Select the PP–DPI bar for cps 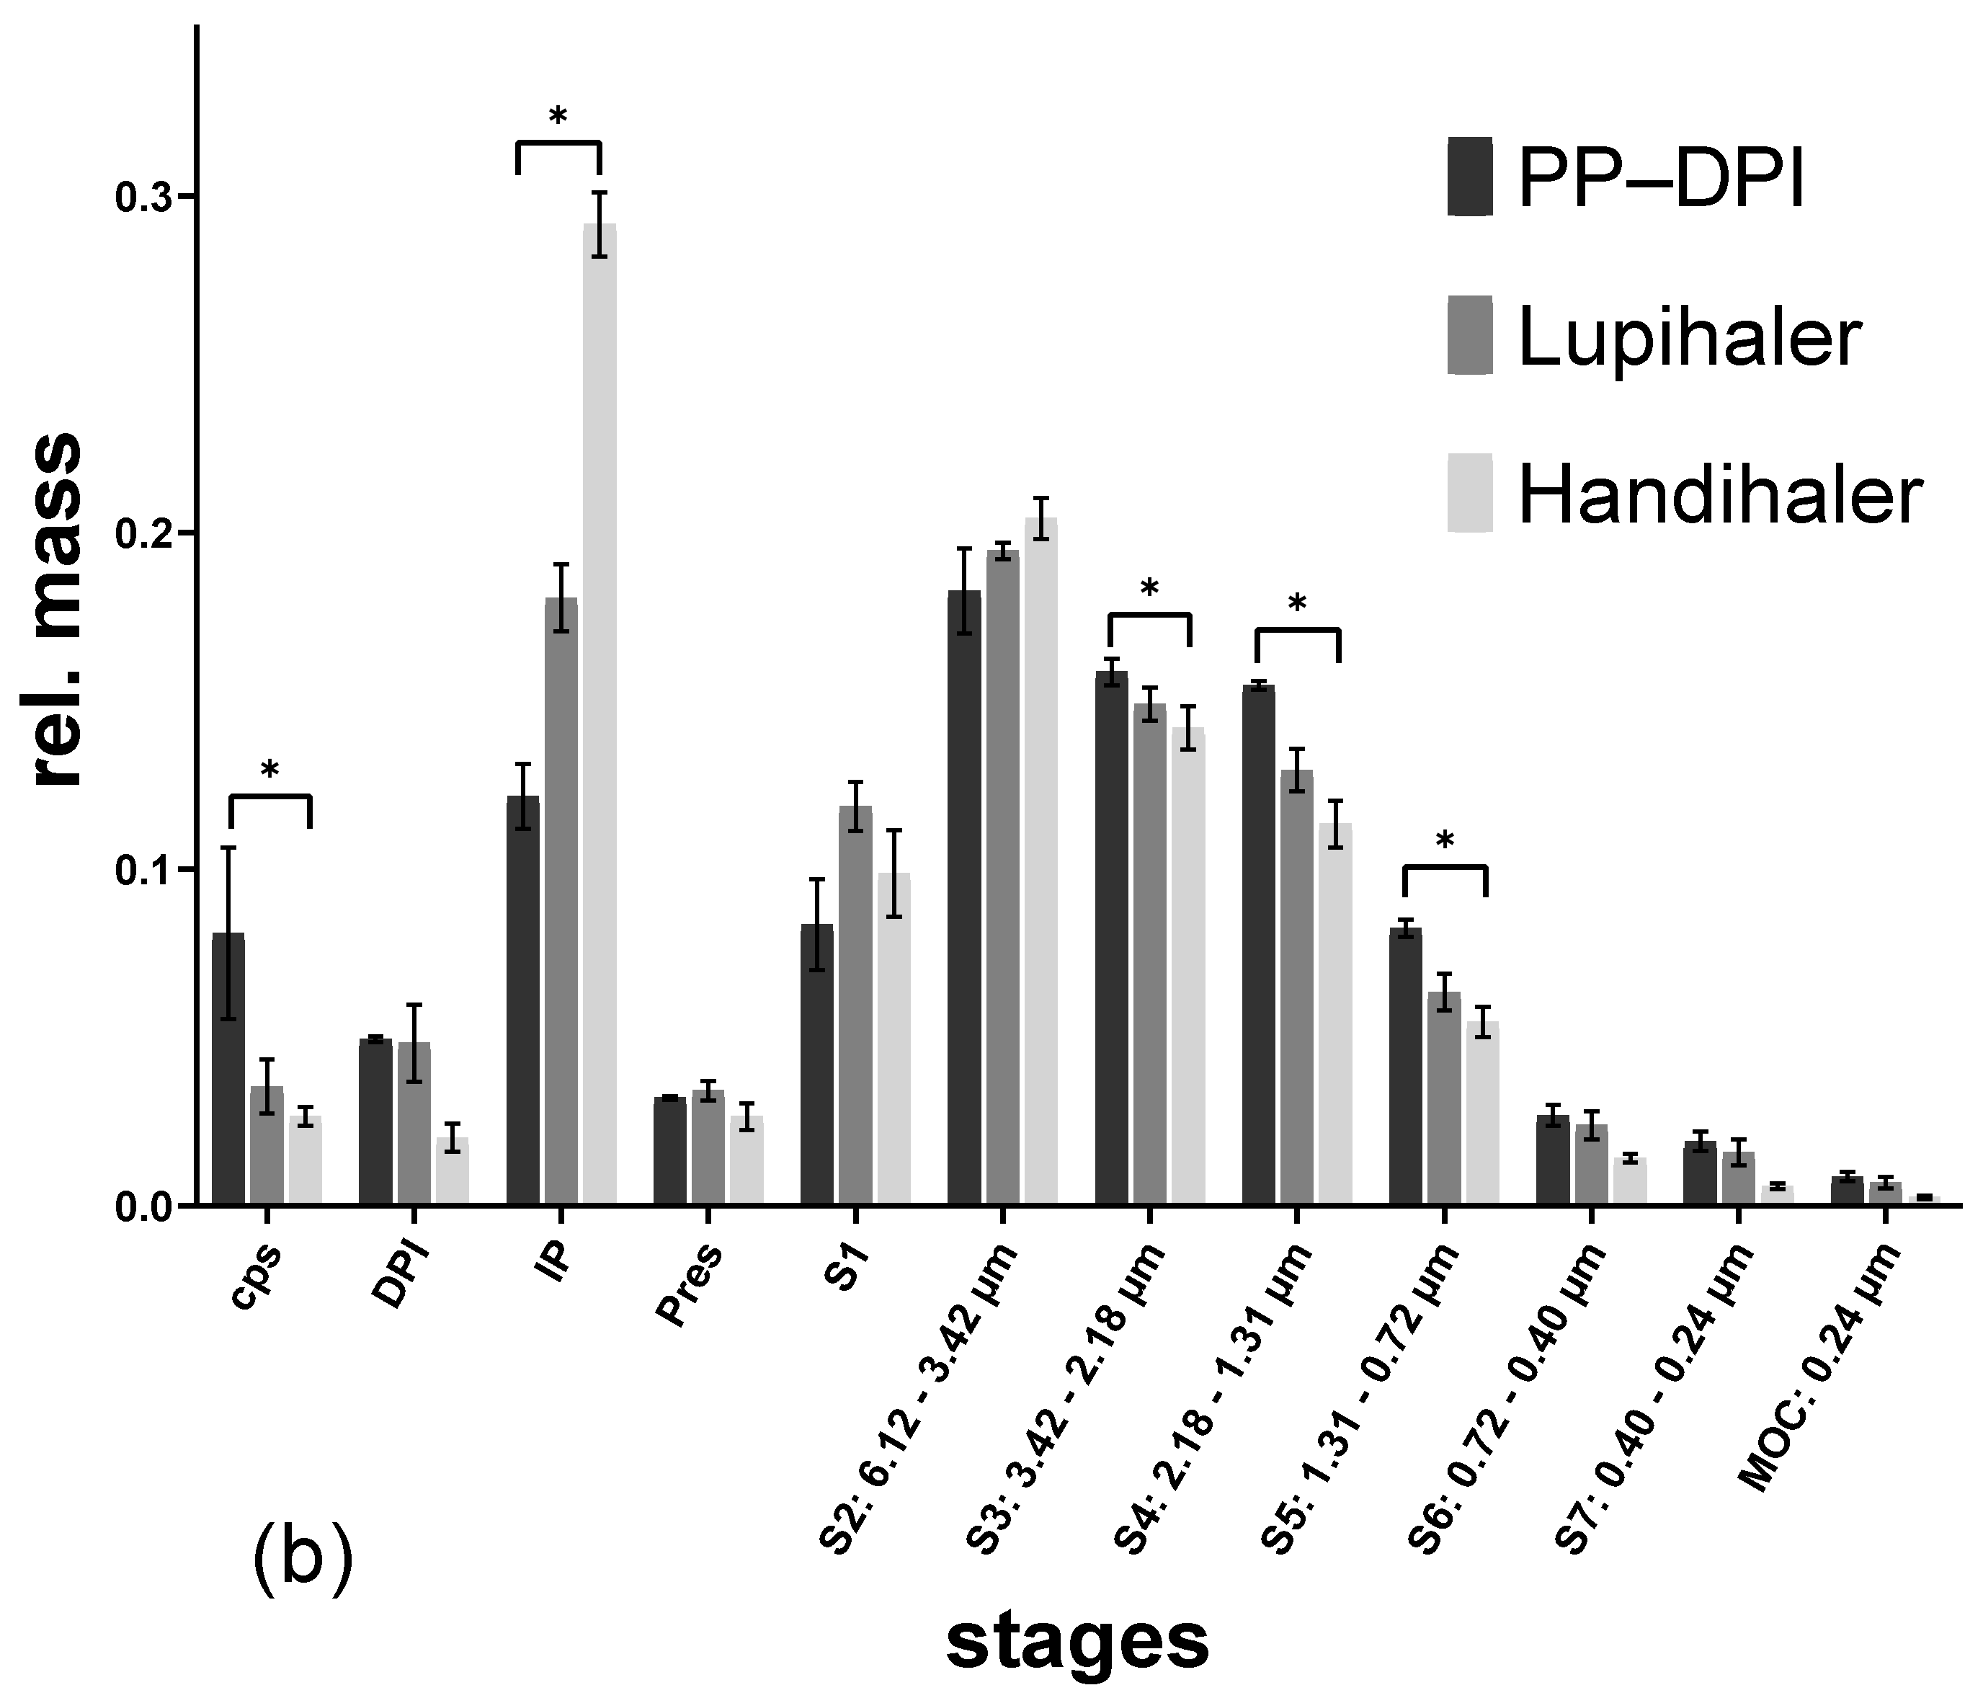pyautogui.click(x=228, y=1067)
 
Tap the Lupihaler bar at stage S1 pyautogui.click(x=855, y=1005)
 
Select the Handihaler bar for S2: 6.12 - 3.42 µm pyautogui.click(x=1040, y=861)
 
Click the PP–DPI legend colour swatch pyautogui.click(x=1470, y=177)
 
